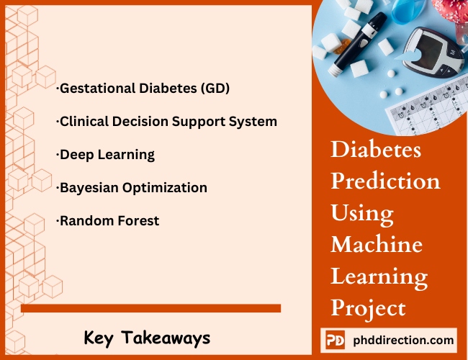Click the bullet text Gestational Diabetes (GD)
(x=143, y=89)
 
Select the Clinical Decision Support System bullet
(x=166, y=122)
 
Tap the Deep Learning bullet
(x=105, y=155)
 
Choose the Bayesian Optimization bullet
(x=132, y=188)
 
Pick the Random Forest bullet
(x=107, y=221)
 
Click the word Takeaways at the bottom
(x=166, y=338)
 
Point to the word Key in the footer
(x=99, y=338)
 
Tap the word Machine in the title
(x=377, y=244)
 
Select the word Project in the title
(x=369, y=309)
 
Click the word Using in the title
(x=362, y=214)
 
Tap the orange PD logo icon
(x=335, y=340)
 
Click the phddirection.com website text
(x=403, y=341)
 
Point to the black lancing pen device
(x=358, y=44)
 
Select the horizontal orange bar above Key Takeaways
(x=150, y=308)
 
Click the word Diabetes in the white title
(x=376, y=149)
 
